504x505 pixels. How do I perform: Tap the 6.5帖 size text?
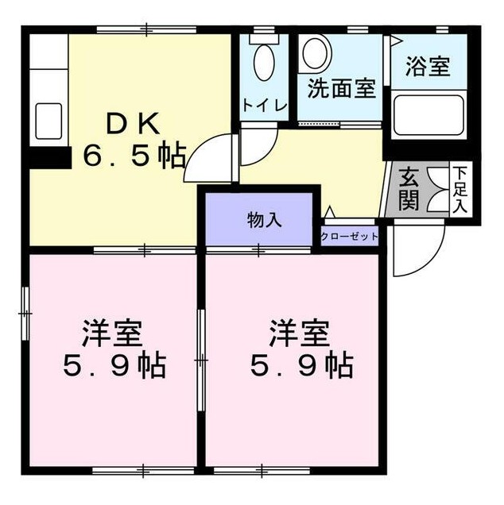click(135, 153)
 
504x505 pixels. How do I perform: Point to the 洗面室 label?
click(342, 89)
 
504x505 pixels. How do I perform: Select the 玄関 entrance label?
click(409, 187)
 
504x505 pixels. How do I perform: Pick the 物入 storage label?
click(264, 221)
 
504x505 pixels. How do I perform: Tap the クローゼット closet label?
click(350, 237)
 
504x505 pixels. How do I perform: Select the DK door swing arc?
click(211, 151)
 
